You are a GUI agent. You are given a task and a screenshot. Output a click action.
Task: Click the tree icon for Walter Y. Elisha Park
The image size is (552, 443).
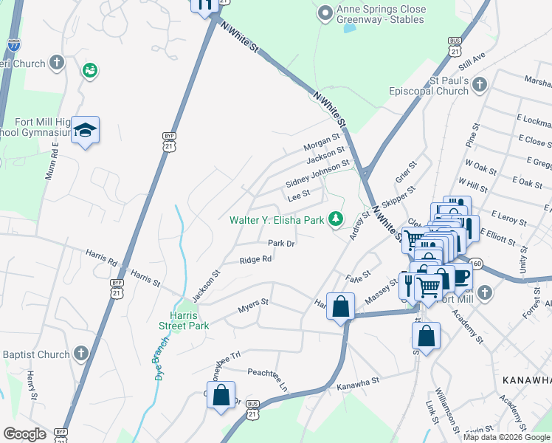point(337,219)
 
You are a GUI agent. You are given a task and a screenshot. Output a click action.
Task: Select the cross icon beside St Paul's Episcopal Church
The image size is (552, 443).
point(480,84)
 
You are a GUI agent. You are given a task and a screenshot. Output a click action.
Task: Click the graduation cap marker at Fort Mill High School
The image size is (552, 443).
point(86,131)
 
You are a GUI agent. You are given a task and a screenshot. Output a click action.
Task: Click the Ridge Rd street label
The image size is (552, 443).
point(255,259)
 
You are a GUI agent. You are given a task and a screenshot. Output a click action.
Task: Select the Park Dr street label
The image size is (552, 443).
point(281,243)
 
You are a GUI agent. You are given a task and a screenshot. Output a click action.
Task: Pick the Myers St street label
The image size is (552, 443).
point(252,302)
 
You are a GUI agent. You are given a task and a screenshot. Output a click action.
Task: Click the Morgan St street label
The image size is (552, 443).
point(322,138)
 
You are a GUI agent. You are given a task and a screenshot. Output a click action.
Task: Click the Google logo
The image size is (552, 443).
point(24,433)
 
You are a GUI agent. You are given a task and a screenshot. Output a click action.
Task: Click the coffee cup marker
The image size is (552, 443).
point(462,276)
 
